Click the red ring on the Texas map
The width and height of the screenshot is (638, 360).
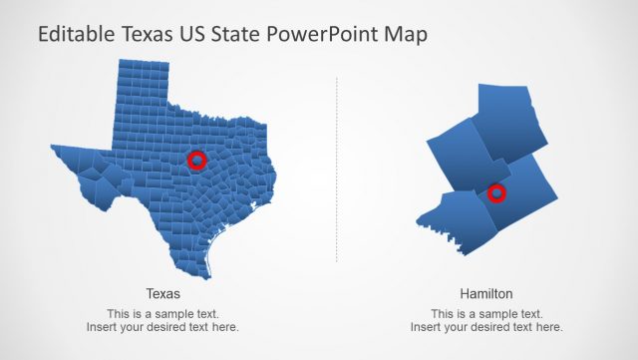[196, 160]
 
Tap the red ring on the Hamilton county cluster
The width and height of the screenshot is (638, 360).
[496, 192]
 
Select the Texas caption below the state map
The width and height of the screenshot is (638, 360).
[162, 294]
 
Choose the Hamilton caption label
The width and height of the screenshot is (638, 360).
[486, 294]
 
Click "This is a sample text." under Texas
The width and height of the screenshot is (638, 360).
[162, 313]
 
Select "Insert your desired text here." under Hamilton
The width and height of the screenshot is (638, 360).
[486, 326]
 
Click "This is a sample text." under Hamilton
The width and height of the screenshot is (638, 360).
[486, 313]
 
